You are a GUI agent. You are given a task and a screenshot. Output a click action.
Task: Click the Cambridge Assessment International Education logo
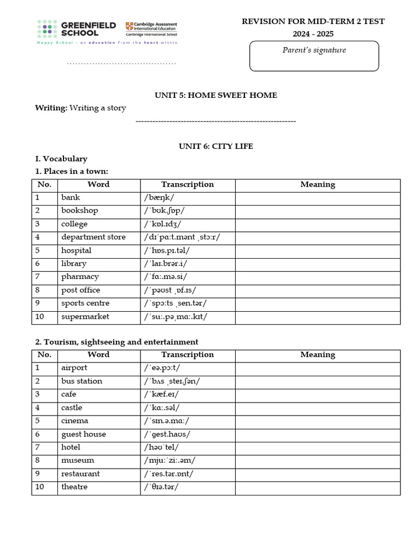151,29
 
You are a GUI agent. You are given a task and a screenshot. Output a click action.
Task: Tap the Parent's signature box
314,56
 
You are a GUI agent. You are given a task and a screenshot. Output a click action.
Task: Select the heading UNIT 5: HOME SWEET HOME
216,95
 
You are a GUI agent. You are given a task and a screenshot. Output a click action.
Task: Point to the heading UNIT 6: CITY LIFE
216,146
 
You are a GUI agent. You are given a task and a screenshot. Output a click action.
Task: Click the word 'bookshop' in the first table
80,211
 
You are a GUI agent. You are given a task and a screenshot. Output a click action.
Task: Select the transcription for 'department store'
182,237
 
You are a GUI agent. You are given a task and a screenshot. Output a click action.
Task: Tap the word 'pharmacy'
80,277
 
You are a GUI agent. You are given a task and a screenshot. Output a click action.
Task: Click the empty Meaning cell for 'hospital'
317,250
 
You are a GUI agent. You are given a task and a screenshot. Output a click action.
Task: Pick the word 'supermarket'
85,317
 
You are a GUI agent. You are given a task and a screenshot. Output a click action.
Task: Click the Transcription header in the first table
187,184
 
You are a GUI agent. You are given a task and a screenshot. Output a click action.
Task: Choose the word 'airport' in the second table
74,367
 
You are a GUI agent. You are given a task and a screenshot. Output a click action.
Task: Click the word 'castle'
72,407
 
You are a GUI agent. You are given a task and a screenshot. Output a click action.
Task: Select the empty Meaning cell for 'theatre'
317,487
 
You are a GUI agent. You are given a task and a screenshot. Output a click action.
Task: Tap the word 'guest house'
84,434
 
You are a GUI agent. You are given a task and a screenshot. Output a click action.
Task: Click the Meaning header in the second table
317,354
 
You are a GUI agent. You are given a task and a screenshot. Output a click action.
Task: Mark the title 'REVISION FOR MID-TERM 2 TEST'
313,21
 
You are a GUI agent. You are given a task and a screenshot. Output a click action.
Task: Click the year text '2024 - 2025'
313,34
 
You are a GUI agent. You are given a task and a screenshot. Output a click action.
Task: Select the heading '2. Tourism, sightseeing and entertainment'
116,342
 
